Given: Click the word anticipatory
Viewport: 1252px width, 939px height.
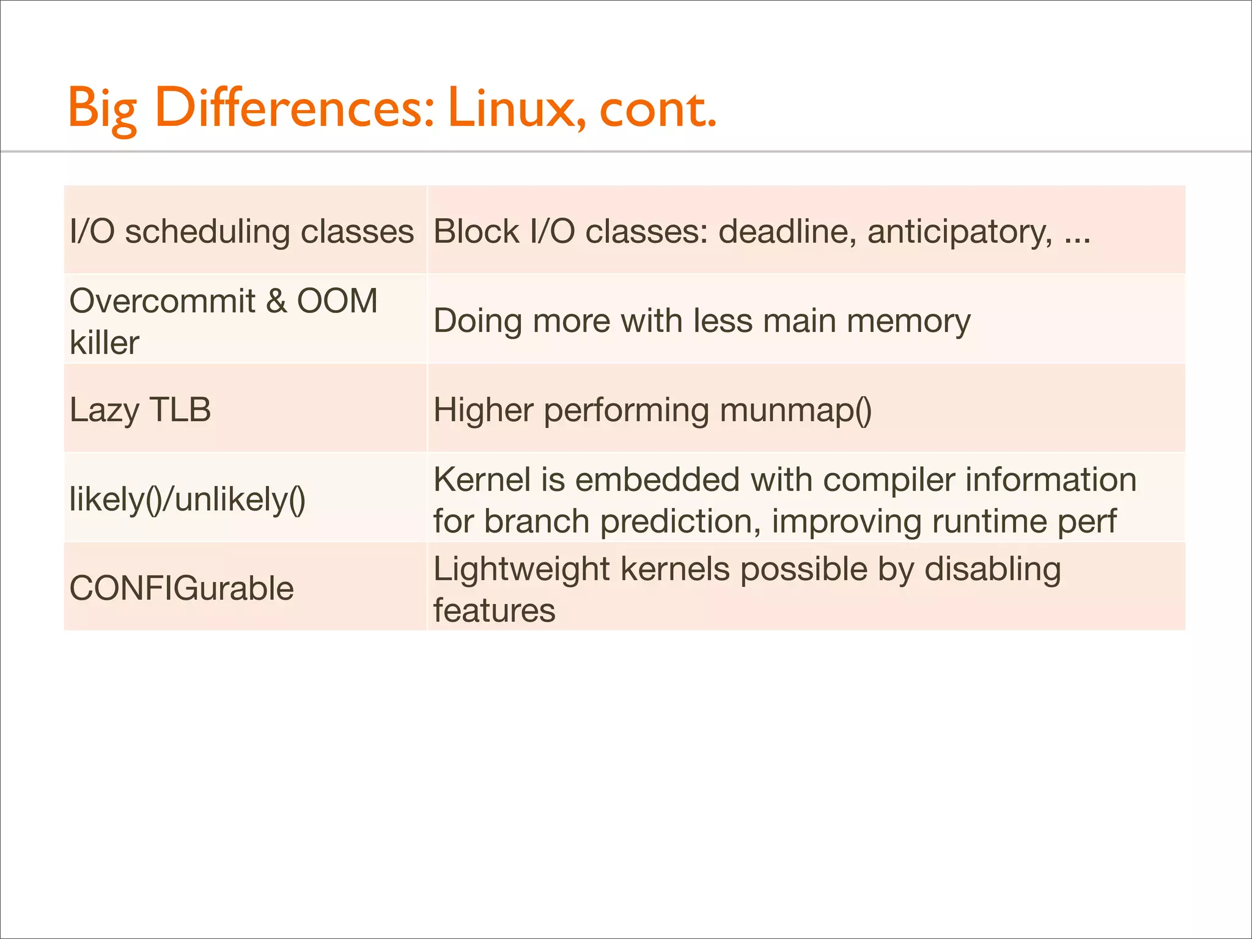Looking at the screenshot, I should (960, 232).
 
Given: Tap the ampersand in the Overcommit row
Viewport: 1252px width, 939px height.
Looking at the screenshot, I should (276, 301).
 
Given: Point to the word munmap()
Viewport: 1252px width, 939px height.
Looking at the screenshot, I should (795, 410).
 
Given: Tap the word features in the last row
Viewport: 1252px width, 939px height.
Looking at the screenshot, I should (494, 611).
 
